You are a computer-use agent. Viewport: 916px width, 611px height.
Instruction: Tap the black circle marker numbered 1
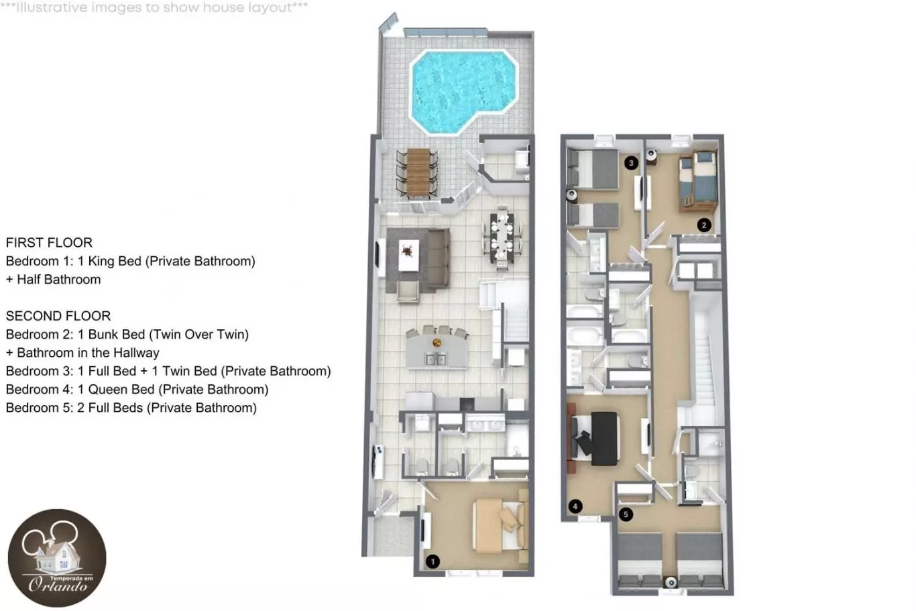(x=433, y=561)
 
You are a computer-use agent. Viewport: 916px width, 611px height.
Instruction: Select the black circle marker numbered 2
(x=704, y=225)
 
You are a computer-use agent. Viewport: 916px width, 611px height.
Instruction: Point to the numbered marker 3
(x=631, y=163)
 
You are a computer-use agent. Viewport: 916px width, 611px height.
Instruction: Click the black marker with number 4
(x=575, y=506)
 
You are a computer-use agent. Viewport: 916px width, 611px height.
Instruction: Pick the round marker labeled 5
(x=626, y=514)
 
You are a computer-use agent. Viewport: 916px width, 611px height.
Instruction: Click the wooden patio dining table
(x=418, y=172)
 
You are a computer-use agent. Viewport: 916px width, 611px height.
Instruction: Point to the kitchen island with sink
(x=437, y=351)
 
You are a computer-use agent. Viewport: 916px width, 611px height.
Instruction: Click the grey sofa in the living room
(x=439, y=259)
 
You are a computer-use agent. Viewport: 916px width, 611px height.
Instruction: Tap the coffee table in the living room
(x=408, y=256)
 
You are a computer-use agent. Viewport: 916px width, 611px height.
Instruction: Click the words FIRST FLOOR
(x=49, y=243)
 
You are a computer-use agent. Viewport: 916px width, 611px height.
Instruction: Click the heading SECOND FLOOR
(x=58, y=316)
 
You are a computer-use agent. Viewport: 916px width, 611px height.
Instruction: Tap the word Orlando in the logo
(x=58, y=585)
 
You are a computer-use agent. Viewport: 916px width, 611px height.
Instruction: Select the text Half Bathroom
(x=58, y=279)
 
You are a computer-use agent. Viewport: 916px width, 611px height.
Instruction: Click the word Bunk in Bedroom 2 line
(x=103, y=335)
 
